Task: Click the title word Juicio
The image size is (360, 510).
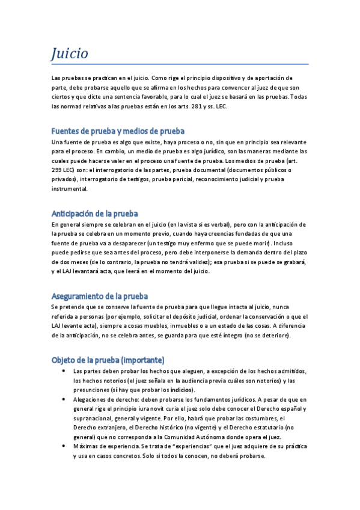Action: (x=70, y=54)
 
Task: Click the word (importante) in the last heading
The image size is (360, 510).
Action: (x=142, y=360)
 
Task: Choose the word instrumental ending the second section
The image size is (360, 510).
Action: (x=69, y=189)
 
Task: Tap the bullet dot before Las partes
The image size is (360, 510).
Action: (x=64, y=371)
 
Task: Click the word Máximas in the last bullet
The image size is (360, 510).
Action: (x=85, y=447)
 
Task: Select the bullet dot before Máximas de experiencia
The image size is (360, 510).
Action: (x=64, y=447)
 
